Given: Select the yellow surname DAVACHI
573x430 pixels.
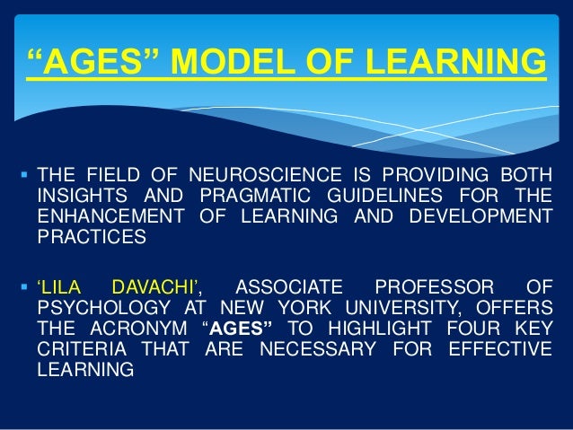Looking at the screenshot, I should [158, 287].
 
